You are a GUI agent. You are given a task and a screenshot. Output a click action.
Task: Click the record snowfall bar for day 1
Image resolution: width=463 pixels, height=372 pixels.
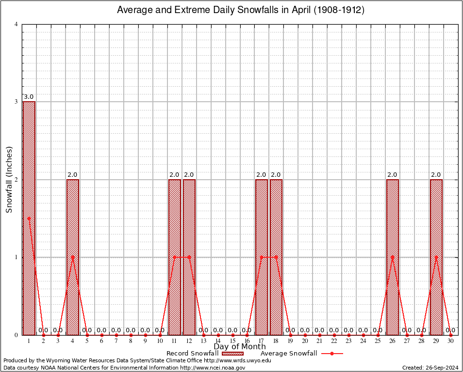(x=29, y=218)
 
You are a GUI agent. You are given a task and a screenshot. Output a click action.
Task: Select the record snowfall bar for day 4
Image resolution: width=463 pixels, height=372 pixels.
(x=72, y=257)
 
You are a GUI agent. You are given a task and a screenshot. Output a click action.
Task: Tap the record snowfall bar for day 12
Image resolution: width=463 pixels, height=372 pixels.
(x=189, y=257)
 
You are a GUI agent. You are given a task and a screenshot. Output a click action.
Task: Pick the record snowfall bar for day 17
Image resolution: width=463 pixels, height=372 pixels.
(x=262, y=257)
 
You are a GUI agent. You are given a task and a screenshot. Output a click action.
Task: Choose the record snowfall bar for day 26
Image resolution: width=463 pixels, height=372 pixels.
(x=392, y=257)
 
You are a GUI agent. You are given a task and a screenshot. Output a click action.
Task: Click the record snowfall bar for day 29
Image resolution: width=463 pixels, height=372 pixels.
(x=436, y=257)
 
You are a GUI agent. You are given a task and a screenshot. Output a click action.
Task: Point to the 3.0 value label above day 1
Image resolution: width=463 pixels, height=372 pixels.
(x=29, y=97)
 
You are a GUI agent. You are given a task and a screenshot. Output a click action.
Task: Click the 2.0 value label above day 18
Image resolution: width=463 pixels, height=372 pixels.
(x=276, y=175)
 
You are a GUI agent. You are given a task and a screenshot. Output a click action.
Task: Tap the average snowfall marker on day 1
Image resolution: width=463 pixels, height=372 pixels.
(x=29, y=218)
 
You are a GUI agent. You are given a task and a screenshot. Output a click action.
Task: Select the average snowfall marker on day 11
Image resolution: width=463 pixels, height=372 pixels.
(x=174, y=257)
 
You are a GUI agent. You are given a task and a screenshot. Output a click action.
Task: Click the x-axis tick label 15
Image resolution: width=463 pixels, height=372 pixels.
(x=232, y=341)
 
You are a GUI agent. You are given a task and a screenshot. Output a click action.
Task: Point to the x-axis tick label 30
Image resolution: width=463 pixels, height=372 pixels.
(x=450, y=341)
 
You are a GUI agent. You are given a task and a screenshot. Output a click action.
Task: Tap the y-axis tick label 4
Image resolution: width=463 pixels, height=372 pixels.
(x=17, y=24)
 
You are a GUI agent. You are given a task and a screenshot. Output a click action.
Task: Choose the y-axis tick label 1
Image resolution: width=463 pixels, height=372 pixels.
(x=17, y=257)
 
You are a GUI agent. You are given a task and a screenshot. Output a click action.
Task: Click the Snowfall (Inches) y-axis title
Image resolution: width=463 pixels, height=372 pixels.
(x=9, y=179)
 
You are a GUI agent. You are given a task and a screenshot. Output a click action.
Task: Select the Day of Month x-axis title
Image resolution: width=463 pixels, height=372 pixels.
(x=239, y=347)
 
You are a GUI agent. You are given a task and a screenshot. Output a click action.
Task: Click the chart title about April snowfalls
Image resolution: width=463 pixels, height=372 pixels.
(x=241, y=10)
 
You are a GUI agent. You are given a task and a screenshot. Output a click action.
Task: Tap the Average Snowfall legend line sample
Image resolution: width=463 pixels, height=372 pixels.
(x=331, y=354)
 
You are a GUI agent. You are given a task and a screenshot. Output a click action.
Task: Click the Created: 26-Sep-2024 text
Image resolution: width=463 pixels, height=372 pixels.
(x=430, y=368)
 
